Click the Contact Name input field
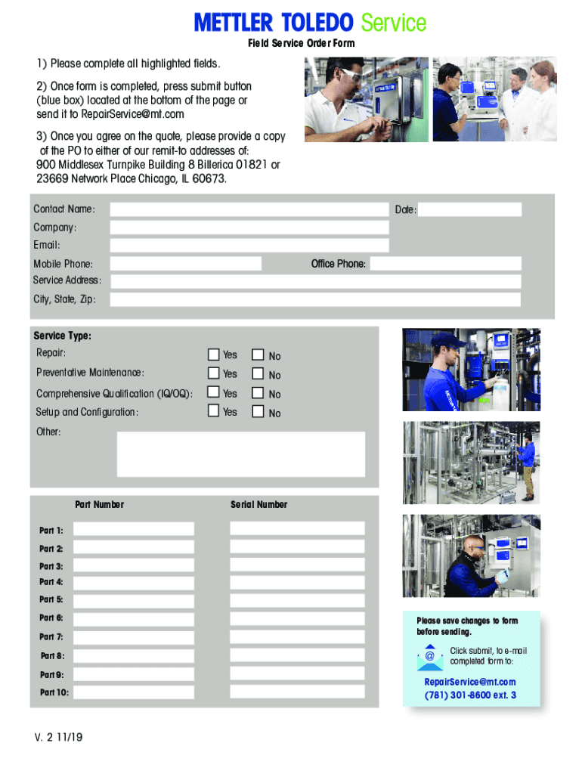click(249, 209)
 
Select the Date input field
click(470, 209)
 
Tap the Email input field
click(249, 246)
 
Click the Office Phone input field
click(445, 264)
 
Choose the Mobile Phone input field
click(186, 264)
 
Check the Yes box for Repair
click(214, 354)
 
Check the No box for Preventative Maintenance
click(258, 374)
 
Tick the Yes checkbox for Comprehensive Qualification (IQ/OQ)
click(214, 393)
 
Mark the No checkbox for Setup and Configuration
click(258, 412)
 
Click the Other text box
click(241, 454)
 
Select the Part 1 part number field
click(134, 529)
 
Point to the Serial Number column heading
click(258, 505)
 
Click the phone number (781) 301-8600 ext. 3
click(470, 695)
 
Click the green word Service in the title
click(392, 23)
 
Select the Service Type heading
click(62, 336)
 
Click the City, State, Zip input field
click(315, 300)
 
